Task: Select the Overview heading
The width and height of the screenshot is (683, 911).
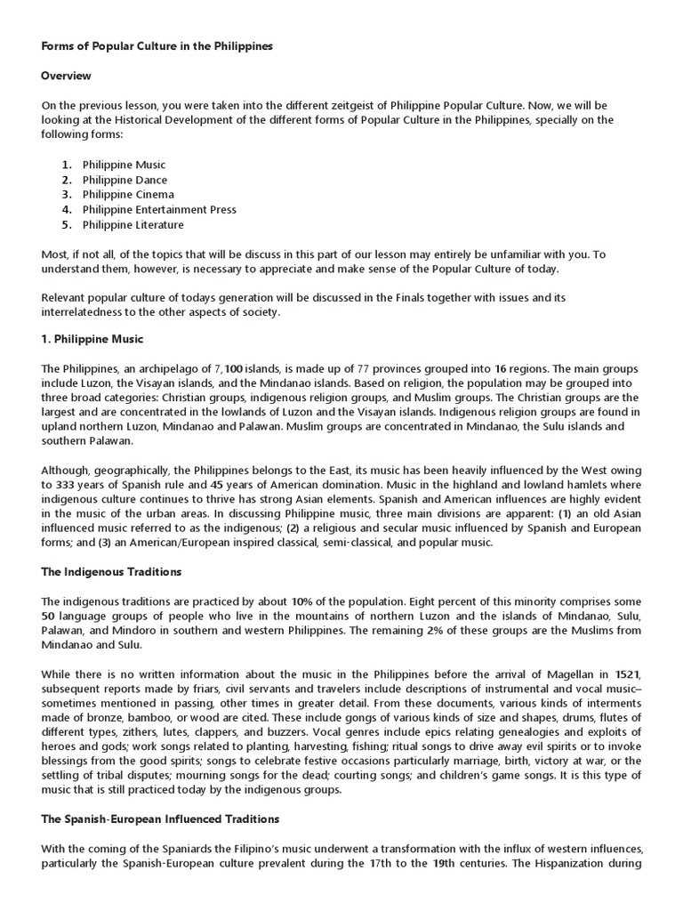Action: click(x=66, y=76)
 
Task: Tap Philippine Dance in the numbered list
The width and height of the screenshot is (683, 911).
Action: click(x=125, y=180)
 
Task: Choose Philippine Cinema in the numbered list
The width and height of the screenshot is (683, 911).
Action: click(x=128, y=195)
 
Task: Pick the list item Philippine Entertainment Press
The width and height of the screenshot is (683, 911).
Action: click(x=159, y=210)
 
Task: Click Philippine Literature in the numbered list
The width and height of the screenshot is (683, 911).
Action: click(x=133, y=225)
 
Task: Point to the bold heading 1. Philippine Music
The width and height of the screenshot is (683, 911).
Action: click(x=92, y=339)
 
